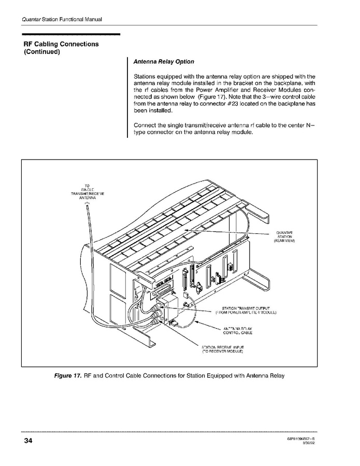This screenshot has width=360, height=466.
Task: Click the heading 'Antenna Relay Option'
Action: click(x=164, y=62)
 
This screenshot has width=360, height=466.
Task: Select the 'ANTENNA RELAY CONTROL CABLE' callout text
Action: click(x=237, y=331)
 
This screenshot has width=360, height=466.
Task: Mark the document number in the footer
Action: click(x=301, y=439)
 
